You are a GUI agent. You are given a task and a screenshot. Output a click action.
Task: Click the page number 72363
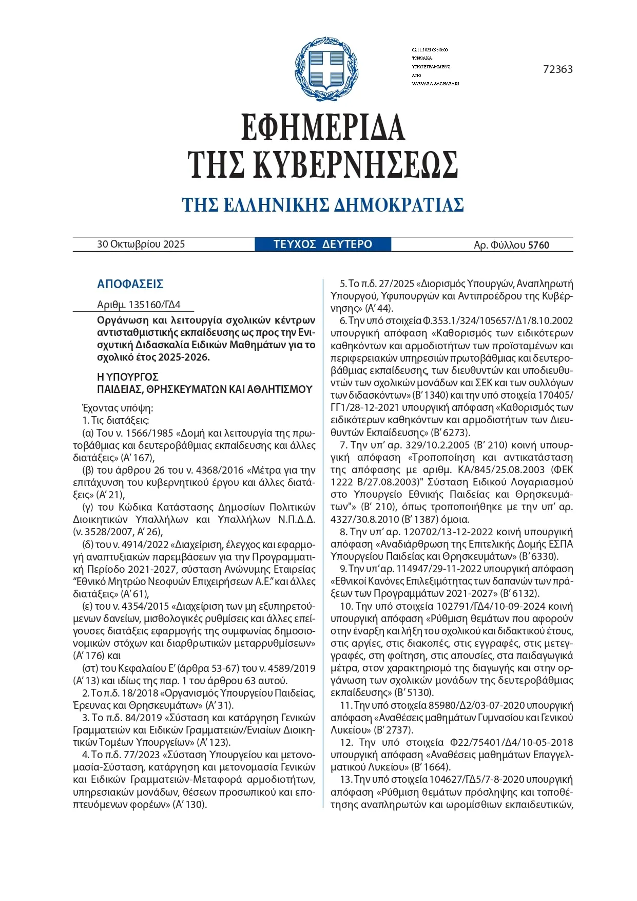click(557, 69)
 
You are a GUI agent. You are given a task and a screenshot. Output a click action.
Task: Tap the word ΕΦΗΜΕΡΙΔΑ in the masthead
click(323, 127)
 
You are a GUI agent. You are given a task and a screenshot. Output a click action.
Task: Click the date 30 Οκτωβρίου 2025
click(141, 245)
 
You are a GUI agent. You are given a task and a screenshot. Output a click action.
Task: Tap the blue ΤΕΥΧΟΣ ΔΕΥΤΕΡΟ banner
click(322, 245)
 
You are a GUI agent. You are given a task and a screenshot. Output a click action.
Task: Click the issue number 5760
click(538, 246)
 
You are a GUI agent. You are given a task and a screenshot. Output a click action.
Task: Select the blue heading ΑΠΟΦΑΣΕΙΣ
click(130, 284)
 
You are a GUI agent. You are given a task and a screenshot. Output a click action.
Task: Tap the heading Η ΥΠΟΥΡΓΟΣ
click(127, 377)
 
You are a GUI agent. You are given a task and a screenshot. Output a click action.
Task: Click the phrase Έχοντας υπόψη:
click(118, 408)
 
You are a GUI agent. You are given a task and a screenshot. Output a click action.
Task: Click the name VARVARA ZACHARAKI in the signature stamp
click(435, 84)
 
